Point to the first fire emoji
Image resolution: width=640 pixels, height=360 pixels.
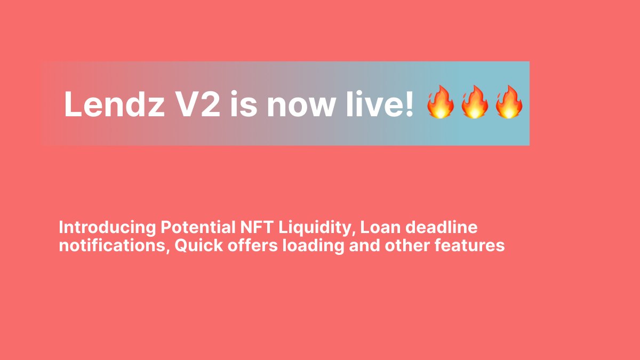pos(440,102)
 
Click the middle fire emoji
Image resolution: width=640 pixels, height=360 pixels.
pos(474,102)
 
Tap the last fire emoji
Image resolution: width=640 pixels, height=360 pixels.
pos(508,102)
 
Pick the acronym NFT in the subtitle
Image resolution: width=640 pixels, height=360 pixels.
pos(251,228)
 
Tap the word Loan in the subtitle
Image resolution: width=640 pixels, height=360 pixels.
pos(380,228)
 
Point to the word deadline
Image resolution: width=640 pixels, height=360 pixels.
pos(442,228)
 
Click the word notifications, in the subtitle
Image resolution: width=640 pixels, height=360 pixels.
pos(113,246)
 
